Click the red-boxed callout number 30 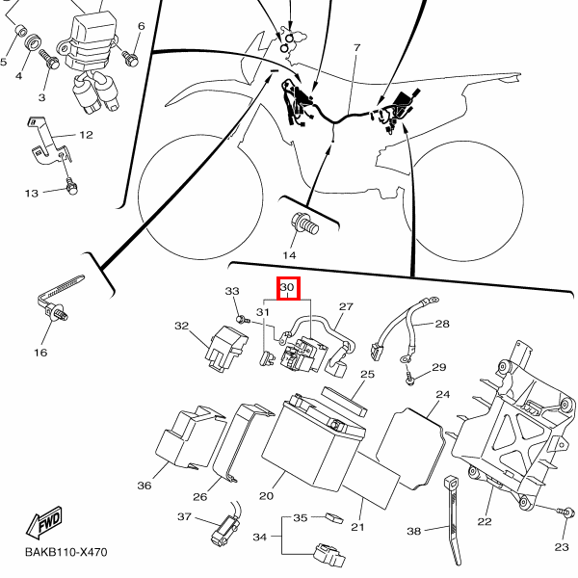pyautogui.click(x=286, y=287)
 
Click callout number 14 pyautogui.click(x=289, y=254)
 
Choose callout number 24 pyautogui.click(x=442, y=395)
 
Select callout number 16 pyautogui.click(x=40, y=353)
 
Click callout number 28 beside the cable pyautogui.click(x=442, y=324)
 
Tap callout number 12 pyautogui.click(x=85, y=135)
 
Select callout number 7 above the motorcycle pyautogui.click(x=355, y=48)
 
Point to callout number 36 pyautogui.click(x=144, y=486)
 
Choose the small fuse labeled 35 pyautogui.click(x=334, y=516)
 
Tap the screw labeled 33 pyautogui.click(x=237, y=318)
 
